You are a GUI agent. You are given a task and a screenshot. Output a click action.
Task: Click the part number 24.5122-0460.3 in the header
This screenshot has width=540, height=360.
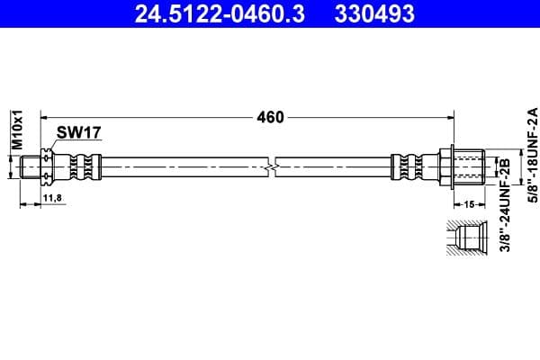[220, 13]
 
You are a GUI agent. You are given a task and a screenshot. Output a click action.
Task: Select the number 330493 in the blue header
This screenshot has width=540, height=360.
[374, 13]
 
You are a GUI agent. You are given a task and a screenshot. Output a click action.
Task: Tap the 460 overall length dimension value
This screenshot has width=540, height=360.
[270, 118]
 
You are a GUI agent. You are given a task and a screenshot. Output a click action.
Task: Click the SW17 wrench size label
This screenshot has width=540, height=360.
[79, 132]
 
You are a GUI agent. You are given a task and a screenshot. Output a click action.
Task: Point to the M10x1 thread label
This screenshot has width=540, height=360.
[17, 130]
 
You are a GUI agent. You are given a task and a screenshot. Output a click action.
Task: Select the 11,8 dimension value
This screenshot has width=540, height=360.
[52, 198]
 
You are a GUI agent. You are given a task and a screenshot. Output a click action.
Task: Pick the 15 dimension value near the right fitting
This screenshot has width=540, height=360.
[469, 204]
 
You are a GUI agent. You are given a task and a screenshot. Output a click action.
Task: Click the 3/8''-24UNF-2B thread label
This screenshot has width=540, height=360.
[505, 205]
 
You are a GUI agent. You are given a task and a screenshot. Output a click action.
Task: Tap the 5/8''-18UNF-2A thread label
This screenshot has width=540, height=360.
[533, 155]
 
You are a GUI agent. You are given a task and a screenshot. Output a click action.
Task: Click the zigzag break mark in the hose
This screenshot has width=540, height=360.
[272, 167]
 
